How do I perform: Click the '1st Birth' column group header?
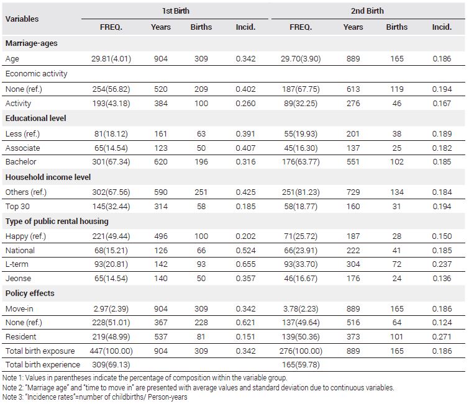176,11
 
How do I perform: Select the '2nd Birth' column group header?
367,11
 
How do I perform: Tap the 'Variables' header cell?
22,19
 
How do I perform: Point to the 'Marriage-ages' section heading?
32,43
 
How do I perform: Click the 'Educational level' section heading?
35,119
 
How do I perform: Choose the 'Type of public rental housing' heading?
57,222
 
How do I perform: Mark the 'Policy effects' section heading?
30,293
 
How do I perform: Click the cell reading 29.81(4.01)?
111,59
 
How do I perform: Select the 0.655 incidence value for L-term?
245,264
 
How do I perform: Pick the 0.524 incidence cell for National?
245,251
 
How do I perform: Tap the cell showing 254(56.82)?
111,89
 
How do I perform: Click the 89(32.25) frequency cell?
301,104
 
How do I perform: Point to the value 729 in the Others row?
353,192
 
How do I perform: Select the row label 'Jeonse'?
18,279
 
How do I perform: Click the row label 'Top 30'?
17,207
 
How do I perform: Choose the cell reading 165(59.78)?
301,365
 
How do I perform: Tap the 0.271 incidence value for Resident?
442,337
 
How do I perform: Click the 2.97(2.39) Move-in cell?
111,308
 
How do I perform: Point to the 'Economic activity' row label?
36,74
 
